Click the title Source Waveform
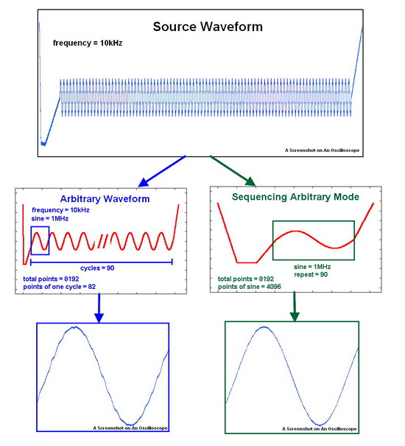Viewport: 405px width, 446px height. [x=208, y=27]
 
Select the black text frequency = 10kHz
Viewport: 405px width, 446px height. [x=88, y=43]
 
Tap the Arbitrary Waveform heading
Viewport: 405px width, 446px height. [x=105, y=199]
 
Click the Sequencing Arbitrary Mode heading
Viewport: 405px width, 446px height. [x=295, y=197]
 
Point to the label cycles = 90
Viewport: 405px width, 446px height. [x=97, y=268]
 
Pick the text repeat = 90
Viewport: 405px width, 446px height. [x=311, y=274]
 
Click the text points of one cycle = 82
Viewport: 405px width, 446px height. [x=60, y=287]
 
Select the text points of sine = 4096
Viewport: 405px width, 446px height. [x=249, y=287]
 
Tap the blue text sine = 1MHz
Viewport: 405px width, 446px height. [x=50, y=218]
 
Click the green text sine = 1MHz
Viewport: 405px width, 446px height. [x=312, y=267]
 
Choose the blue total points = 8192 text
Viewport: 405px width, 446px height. [x=51, y=279]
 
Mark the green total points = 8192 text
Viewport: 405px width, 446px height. [x=246, y=279]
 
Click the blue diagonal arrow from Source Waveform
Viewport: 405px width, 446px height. [x=162, y=171]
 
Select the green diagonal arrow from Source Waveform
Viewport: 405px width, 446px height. [x=233, y=171]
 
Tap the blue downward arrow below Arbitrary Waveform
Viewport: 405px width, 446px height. [x=99, y=308]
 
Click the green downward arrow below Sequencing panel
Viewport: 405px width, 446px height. [x=295, y=307]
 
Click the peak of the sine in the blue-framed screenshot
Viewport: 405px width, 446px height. [x=74, y=327]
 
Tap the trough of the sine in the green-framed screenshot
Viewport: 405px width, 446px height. [x=320, y=425]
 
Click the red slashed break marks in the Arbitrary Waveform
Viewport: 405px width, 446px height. [x=102, y=241]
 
